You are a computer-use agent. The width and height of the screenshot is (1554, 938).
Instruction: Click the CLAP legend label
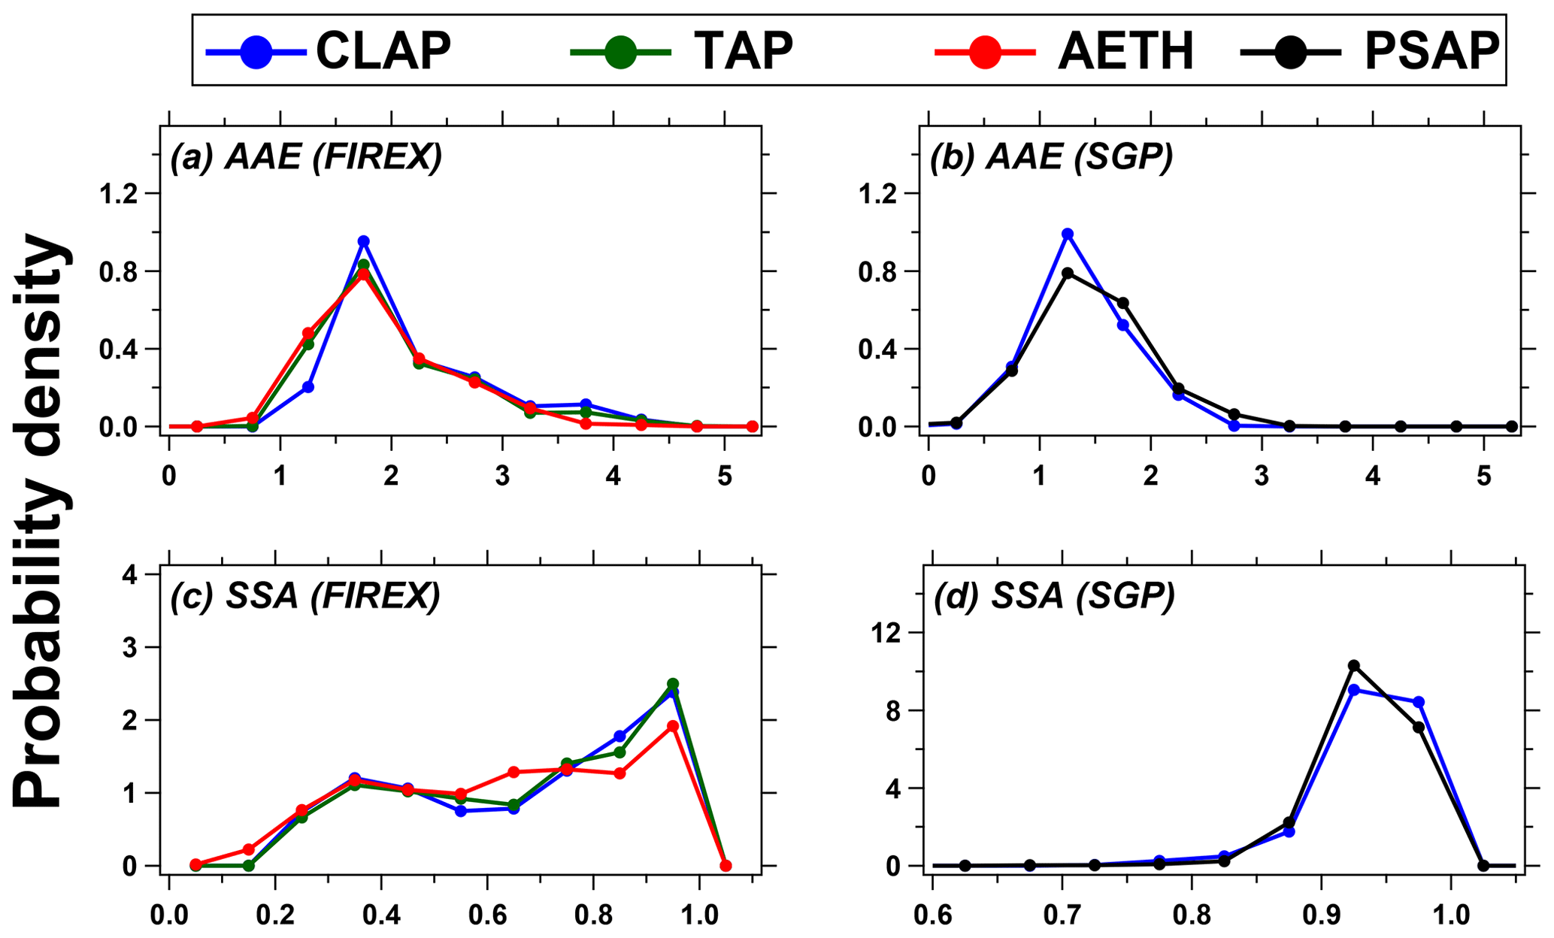(x=383, y=51)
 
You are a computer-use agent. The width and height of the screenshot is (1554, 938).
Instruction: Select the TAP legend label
(x=743, y=51)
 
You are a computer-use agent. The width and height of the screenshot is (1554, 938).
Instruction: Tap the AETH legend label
(x=1125, y=51)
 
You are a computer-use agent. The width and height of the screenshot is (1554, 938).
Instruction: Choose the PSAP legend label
(x=1431, y=51)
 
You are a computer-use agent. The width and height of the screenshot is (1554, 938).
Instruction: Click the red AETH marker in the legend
(x=985, y=52)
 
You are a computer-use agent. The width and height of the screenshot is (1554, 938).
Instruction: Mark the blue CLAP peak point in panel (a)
(x=364, y=241)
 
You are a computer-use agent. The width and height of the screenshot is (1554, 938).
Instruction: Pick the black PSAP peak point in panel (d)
(x=1354, y=665)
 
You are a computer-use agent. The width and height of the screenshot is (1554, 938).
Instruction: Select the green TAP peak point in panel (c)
(x=673, y=684)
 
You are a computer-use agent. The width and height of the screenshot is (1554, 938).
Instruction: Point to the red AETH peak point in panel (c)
(x=673, y=726)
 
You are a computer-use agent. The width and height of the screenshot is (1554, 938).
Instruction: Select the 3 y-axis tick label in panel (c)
(x=132, y=648)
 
